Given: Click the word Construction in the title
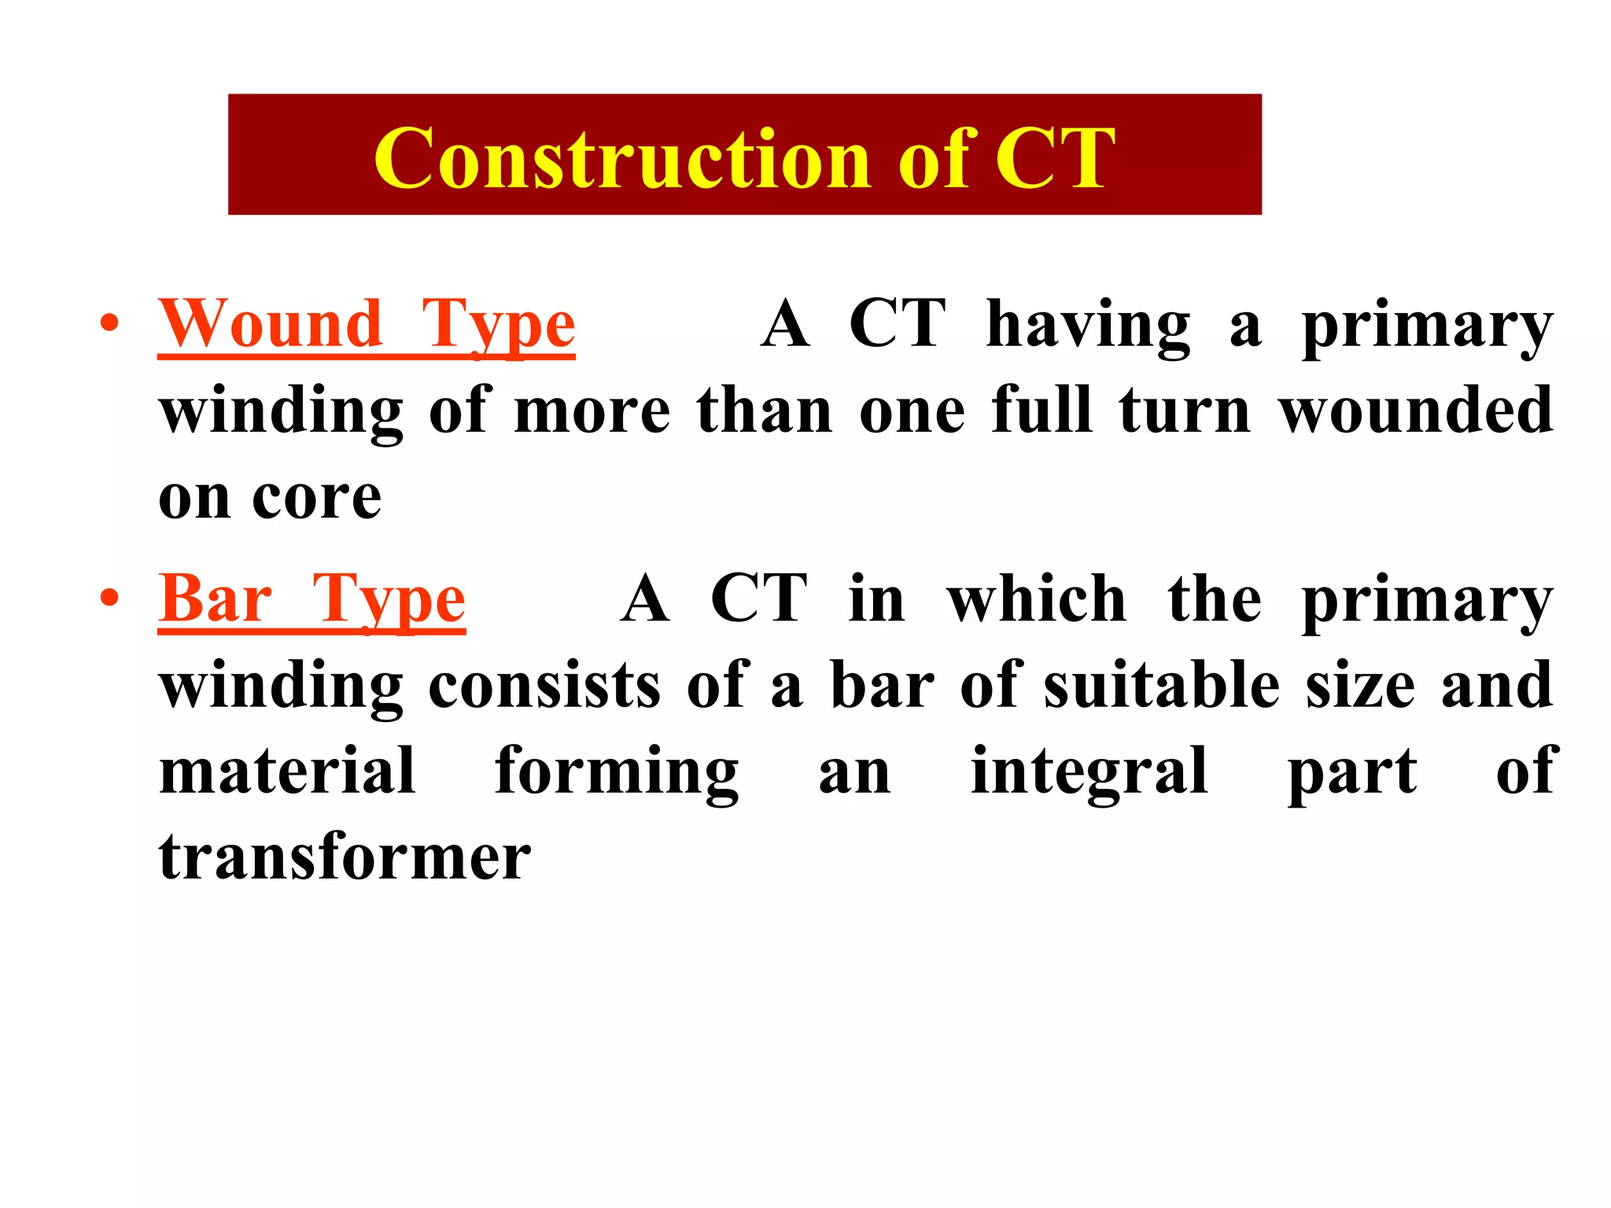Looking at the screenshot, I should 621,159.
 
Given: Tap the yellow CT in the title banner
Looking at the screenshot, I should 1054,159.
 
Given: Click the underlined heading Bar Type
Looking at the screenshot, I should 312,599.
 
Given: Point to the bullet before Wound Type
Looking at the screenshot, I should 109,323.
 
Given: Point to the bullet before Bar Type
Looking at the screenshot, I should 109,598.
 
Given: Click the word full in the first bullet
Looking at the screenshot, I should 1042,411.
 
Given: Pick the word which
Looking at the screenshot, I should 1037,599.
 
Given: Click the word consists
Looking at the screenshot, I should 544,686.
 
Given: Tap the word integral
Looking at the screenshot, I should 1089,772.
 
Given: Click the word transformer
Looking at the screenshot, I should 345,857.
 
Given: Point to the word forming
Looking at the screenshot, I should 617,772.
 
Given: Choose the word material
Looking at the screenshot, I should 287,772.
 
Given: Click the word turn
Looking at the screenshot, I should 1185,411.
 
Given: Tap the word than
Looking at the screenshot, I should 765,411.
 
